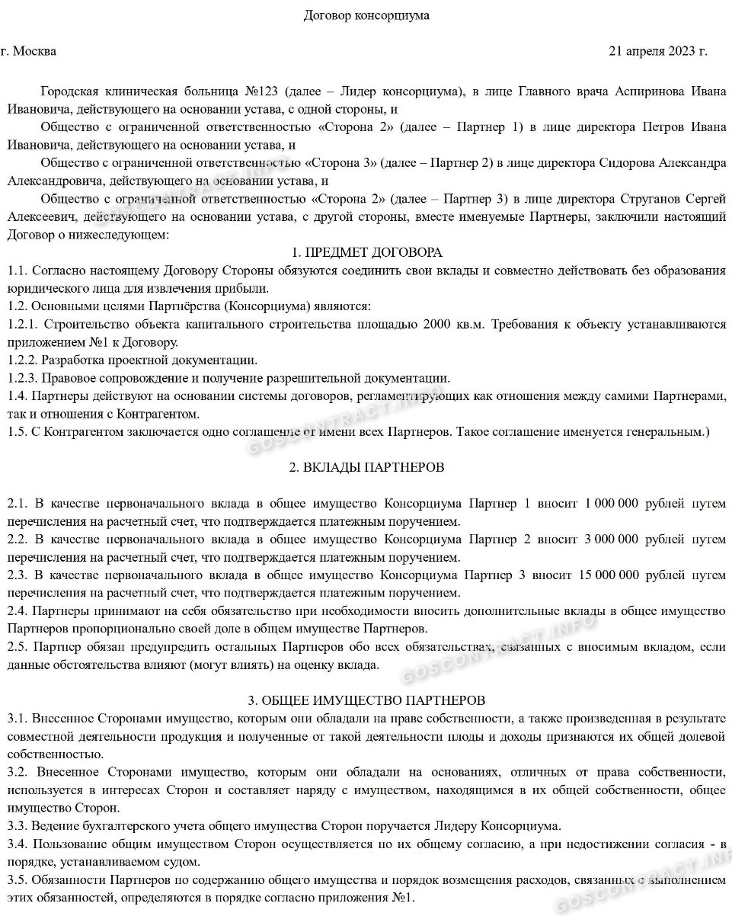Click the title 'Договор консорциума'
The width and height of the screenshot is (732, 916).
pos(366,15)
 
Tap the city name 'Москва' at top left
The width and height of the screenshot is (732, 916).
pos(34,52)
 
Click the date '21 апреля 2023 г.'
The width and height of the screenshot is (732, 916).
pos(658,52)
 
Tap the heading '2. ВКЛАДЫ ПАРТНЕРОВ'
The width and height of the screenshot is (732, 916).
pos(366,467)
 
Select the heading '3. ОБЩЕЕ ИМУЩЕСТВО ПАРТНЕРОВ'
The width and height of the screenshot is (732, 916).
pos(366,700)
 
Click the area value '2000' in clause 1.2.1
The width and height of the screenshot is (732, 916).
pos(433,325)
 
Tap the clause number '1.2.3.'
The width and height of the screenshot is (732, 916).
pos(22,379)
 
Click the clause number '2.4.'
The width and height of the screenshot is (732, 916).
pos(18,611)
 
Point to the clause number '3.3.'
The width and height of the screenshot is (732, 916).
pos(18,826)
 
